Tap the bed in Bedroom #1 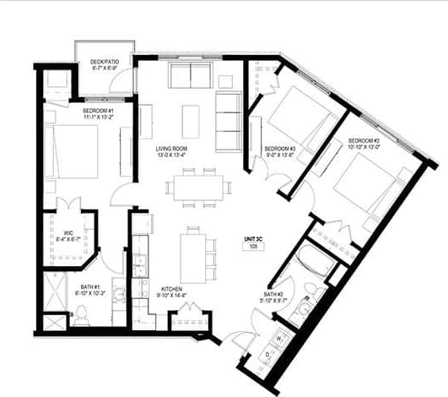[80, 151]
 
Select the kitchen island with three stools [192, 258]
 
